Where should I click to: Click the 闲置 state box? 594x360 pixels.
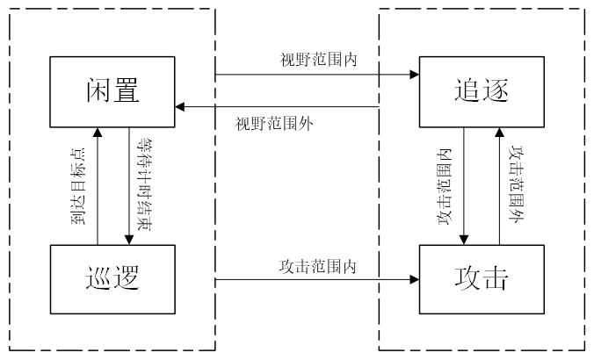114,90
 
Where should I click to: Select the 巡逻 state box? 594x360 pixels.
114,278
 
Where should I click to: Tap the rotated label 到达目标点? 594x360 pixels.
78,184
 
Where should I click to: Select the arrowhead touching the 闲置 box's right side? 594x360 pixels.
179,107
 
